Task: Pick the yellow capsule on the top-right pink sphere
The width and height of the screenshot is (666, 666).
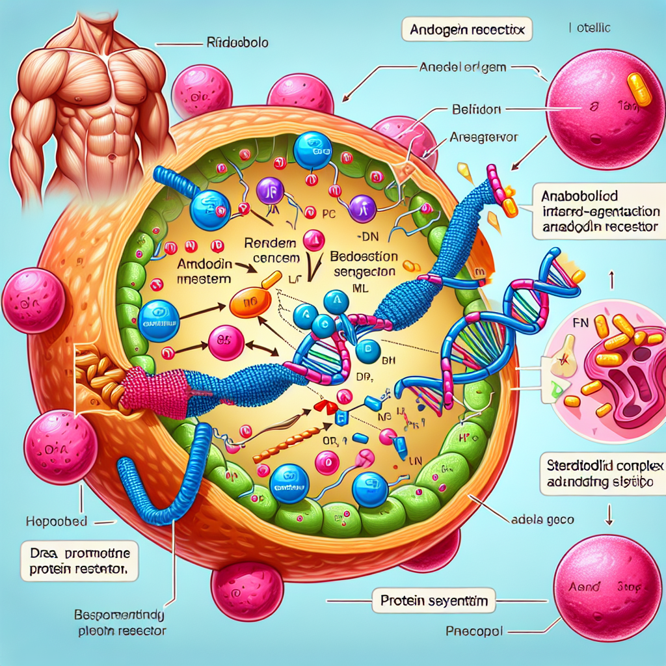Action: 639,90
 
